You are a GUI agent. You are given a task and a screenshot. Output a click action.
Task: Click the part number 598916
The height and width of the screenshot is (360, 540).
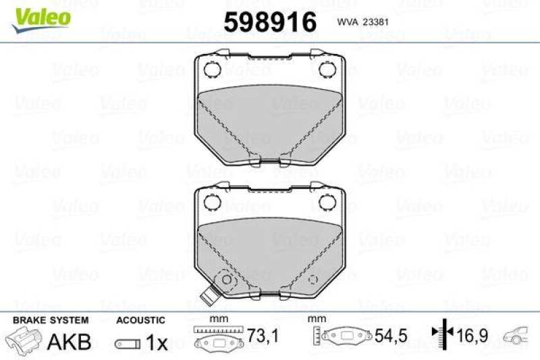[269, 22]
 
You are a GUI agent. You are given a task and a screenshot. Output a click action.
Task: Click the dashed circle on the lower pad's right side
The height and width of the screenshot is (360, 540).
[312, 280]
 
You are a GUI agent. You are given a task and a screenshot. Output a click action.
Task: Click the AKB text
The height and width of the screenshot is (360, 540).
[69, 341]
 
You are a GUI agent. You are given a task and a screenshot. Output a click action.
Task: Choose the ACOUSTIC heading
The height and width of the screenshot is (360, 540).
[140, 320]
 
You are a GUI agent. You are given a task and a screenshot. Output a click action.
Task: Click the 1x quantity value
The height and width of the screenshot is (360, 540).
[157, 342]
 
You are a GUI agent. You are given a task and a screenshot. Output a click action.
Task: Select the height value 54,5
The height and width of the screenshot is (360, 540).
[389, 335]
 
